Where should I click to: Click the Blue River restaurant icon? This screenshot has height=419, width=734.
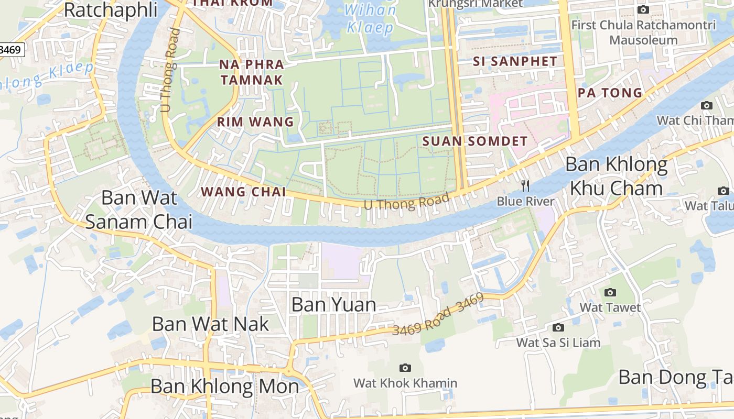[x=525, y=185]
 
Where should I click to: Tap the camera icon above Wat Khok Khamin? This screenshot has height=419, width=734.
[x=405, y=368]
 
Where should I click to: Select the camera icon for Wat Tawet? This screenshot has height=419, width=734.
[x=610, y=292]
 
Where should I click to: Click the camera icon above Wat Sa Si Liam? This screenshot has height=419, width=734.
[x=558, y=328]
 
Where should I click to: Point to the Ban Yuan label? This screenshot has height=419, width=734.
[x=333, y=304]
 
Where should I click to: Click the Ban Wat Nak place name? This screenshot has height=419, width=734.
[x=210, y=324]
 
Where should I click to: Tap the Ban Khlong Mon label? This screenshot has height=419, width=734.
[x=224, y=387]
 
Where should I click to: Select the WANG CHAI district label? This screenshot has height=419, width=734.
[x=244, y=192]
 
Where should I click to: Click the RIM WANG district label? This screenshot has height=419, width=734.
[x=255, y=122]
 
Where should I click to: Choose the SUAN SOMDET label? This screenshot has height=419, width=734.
[x=474, y=141]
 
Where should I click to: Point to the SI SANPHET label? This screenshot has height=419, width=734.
[x=515, y=61]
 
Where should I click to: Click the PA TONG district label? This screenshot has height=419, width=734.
[x=610, y=93]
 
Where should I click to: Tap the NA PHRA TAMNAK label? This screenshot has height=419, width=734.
[x=251, y=72]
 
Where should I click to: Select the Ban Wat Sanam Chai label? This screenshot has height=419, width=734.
[x=139, y=210]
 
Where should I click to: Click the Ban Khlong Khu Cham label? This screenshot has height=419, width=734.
[x=616, y=176]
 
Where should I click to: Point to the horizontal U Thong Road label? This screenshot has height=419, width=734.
[x=407, y=202]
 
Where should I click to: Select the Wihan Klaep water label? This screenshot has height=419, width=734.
[x=370, y=19]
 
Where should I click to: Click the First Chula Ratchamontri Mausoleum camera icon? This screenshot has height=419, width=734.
[x=643, y=9]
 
